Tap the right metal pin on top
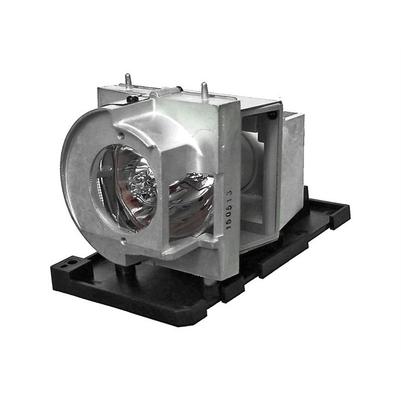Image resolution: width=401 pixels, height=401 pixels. pyautogui.click(x=204, y=89)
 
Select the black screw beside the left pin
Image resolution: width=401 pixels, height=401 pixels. pyautogui.click(x=132, y=98)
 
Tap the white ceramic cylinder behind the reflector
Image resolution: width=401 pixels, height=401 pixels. pyautogui.click(x=249, y=163)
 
